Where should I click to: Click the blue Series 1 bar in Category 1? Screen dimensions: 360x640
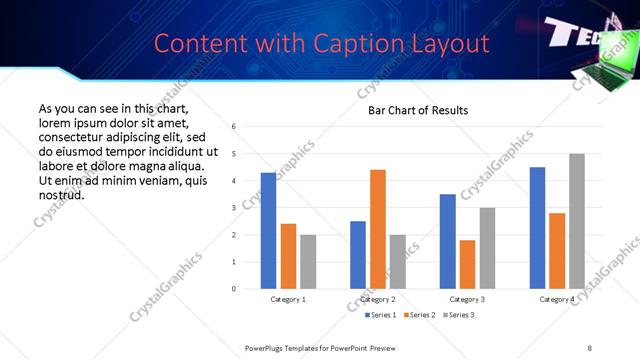(268, 231)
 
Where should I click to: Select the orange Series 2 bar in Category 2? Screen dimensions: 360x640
(377, 229)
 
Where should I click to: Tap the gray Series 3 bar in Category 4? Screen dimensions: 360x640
(576, 221)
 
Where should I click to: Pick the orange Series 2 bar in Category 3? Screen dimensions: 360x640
(467, 264)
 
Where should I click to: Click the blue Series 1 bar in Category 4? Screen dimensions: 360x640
(537, 228)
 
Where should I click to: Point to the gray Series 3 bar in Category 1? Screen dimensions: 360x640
(308, 262)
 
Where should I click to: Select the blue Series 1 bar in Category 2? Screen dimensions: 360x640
(357, 255)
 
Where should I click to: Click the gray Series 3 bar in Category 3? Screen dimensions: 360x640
(487, 248)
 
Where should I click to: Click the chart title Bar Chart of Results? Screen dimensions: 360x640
(417, 110)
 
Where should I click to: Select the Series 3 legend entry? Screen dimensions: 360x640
(458, 316)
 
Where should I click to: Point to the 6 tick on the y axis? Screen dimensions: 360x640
(233, 127)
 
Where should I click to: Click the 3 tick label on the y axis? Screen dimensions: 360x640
(233, 208)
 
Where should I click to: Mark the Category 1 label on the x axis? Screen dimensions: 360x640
(288, 300)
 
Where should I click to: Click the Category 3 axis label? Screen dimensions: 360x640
(467, 300)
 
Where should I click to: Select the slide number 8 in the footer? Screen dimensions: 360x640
(590, 347)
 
